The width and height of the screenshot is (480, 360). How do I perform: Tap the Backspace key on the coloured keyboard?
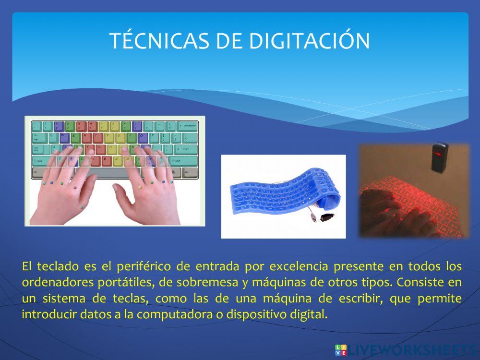pos(187,127)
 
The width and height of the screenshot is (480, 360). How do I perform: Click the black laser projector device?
pos(439,157)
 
